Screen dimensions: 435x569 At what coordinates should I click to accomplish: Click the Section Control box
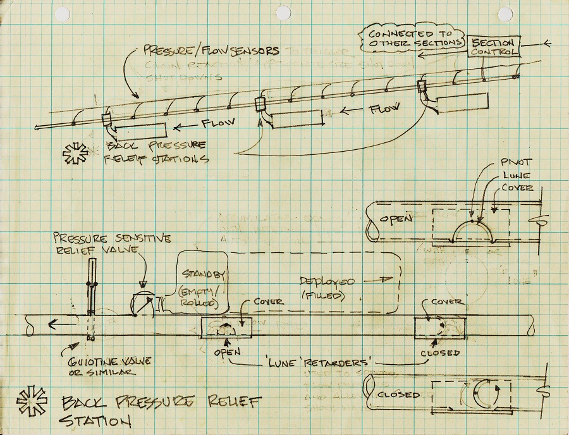click(494, 46)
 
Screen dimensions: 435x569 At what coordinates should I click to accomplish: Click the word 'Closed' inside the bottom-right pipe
click(398, 395)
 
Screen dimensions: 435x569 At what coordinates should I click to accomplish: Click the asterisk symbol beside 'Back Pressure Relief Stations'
click(76, 154)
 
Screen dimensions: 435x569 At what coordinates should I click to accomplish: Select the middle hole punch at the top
click(284, 13)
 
